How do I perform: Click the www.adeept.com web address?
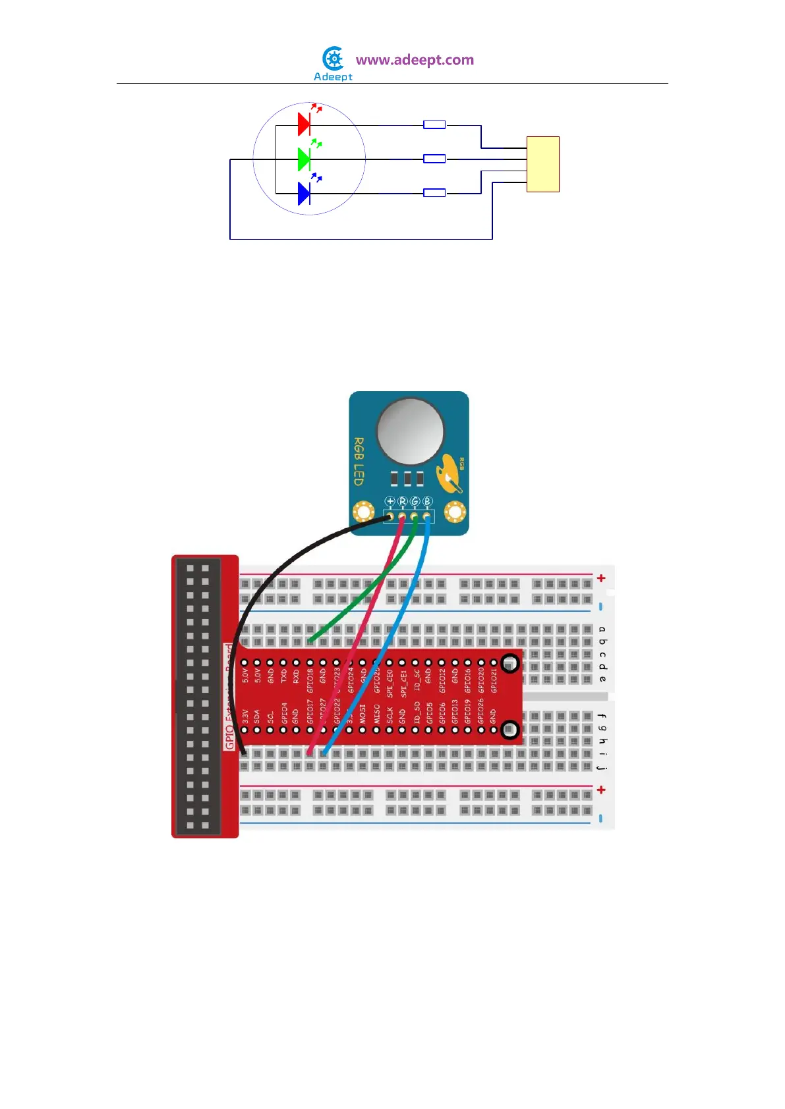point(415,60)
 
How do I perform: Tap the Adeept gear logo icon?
point(334,59)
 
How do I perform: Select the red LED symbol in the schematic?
point(304,123)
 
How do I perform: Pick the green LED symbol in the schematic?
point(304,159)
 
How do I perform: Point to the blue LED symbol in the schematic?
point(304,194)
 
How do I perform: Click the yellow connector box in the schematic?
point(542,164)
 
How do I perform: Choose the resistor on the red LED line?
point(434,124)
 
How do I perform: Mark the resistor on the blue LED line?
point(434,193)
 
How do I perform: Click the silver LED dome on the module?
point(409,431)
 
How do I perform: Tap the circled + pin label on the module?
point(390,501)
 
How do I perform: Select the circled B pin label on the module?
point(427,501)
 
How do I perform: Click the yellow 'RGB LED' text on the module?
point(359,461)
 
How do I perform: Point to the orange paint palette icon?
point(450,473)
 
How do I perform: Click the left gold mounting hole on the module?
point(363,512)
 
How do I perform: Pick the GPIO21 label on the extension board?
point(494,680)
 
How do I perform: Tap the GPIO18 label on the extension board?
point(310,680)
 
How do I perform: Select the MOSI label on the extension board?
point(363,714)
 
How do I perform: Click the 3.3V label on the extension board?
point(245,717)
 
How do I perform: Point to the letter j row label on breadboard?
point(602,767)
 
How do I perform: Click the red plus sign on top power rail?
point(601,578)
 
